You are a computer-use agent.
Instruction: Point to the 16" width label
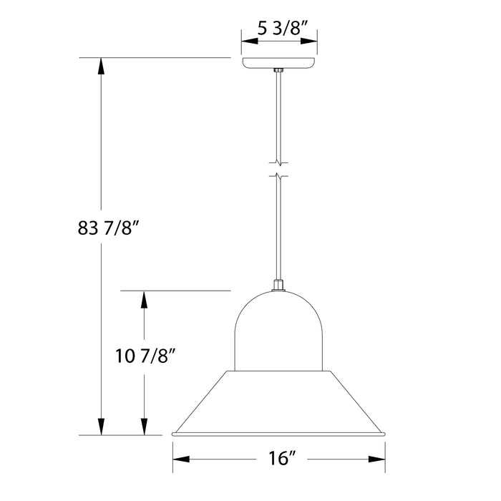point(279,459)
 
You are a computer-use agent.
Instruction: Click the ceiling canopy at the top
point(279,63)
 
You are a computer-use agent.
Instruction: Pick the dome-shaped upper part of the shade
point(279,329)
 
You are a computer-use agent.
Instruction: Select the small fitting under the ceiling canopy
point(279,70)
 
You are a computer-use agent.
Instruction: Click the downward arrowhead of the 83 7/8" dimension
point(102,426)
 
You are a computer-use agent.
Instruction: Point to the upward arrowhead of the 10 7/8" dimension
point(145,300)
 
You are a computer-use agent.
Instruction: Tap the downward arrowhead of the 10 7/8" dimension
point(145,426)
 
